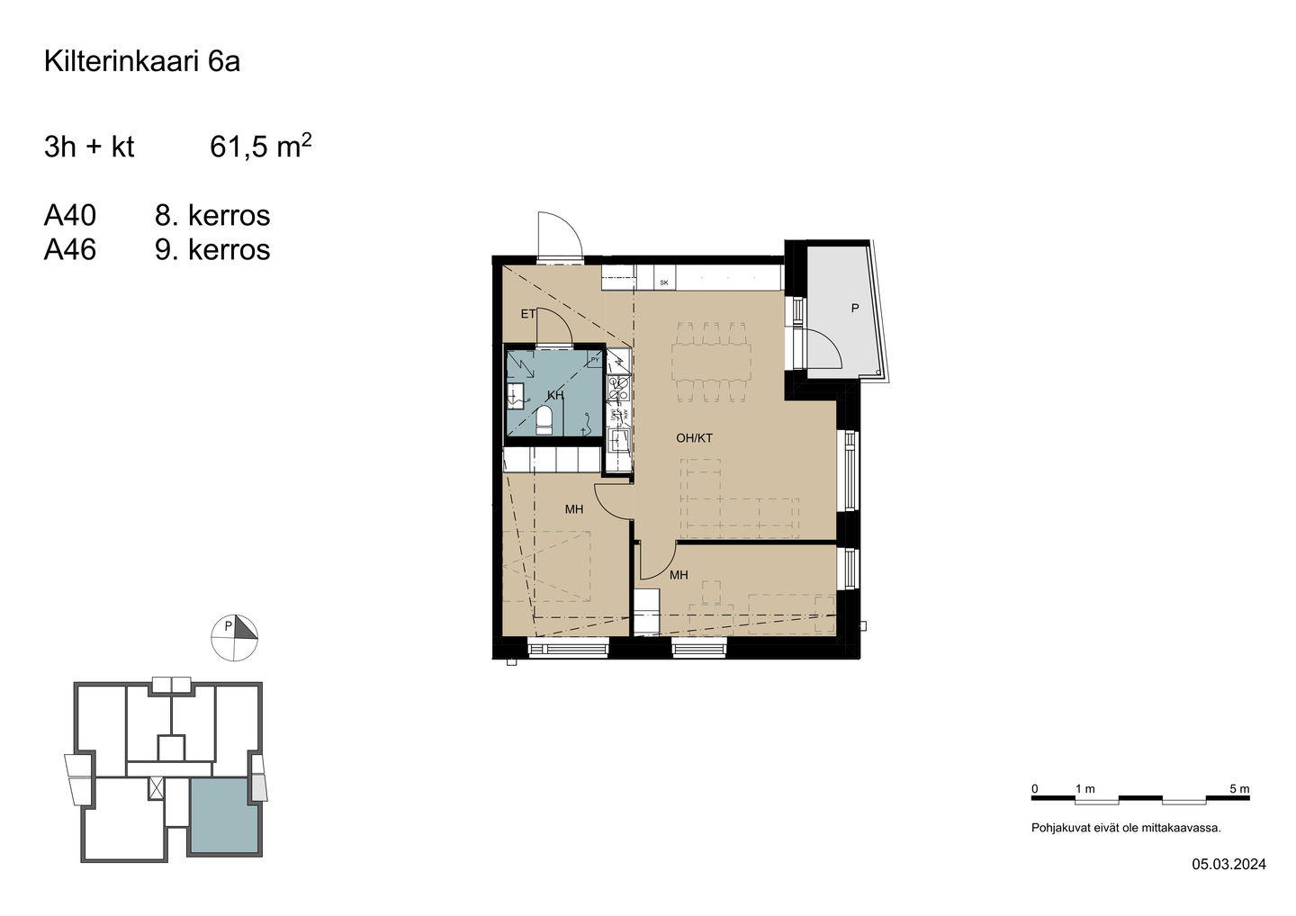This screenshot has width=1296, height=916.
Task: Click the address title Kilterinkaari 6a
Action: click(142, 61)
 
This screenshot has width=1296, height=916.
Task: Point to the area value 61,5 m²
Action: click(260, 145)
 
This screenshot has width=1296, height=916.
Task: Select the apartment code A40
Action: click(70, 215)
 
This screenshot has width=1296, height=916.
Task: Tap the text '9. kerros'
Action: click(212, 250)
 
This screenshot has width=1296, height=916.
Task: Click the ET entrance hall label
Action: click(527, 314)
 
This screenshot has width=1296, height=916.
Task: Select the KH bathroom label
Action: click(555, 396)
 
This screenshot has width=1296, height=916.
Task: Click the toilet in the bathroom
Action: click(544, 420)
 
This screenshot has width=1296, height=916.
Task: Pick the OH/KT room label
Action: click(694, 438)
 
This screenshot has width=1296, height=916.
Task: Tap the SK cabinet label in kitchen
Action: click(664, 283)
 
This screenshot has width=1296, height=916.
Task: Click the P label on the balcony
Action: click(855, 309)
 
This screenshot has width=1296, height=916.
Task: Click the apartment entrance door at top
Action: click(560, 236)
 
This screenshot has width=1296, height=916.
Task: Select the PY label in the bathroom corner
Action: click(595, 360)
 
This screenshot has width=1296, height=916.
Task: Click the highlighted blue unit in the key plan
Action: click(224, 815)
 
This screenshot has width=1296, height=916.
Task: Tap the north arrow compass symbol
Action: click(234, 638)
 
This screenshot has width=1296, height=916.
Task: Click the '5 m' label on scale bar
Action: click(1239, 789)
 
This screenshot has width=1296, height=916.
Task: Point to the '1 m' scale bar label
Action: click(1084, 789)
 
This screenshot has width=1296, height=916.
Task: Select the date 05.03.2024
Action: click(1228, 880)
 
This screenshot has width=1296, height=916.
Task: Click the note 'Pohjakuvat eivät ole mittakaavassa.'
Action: click(1126, 828)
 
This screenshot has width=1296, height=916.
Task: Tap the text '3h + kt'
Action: click(89, 147)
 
